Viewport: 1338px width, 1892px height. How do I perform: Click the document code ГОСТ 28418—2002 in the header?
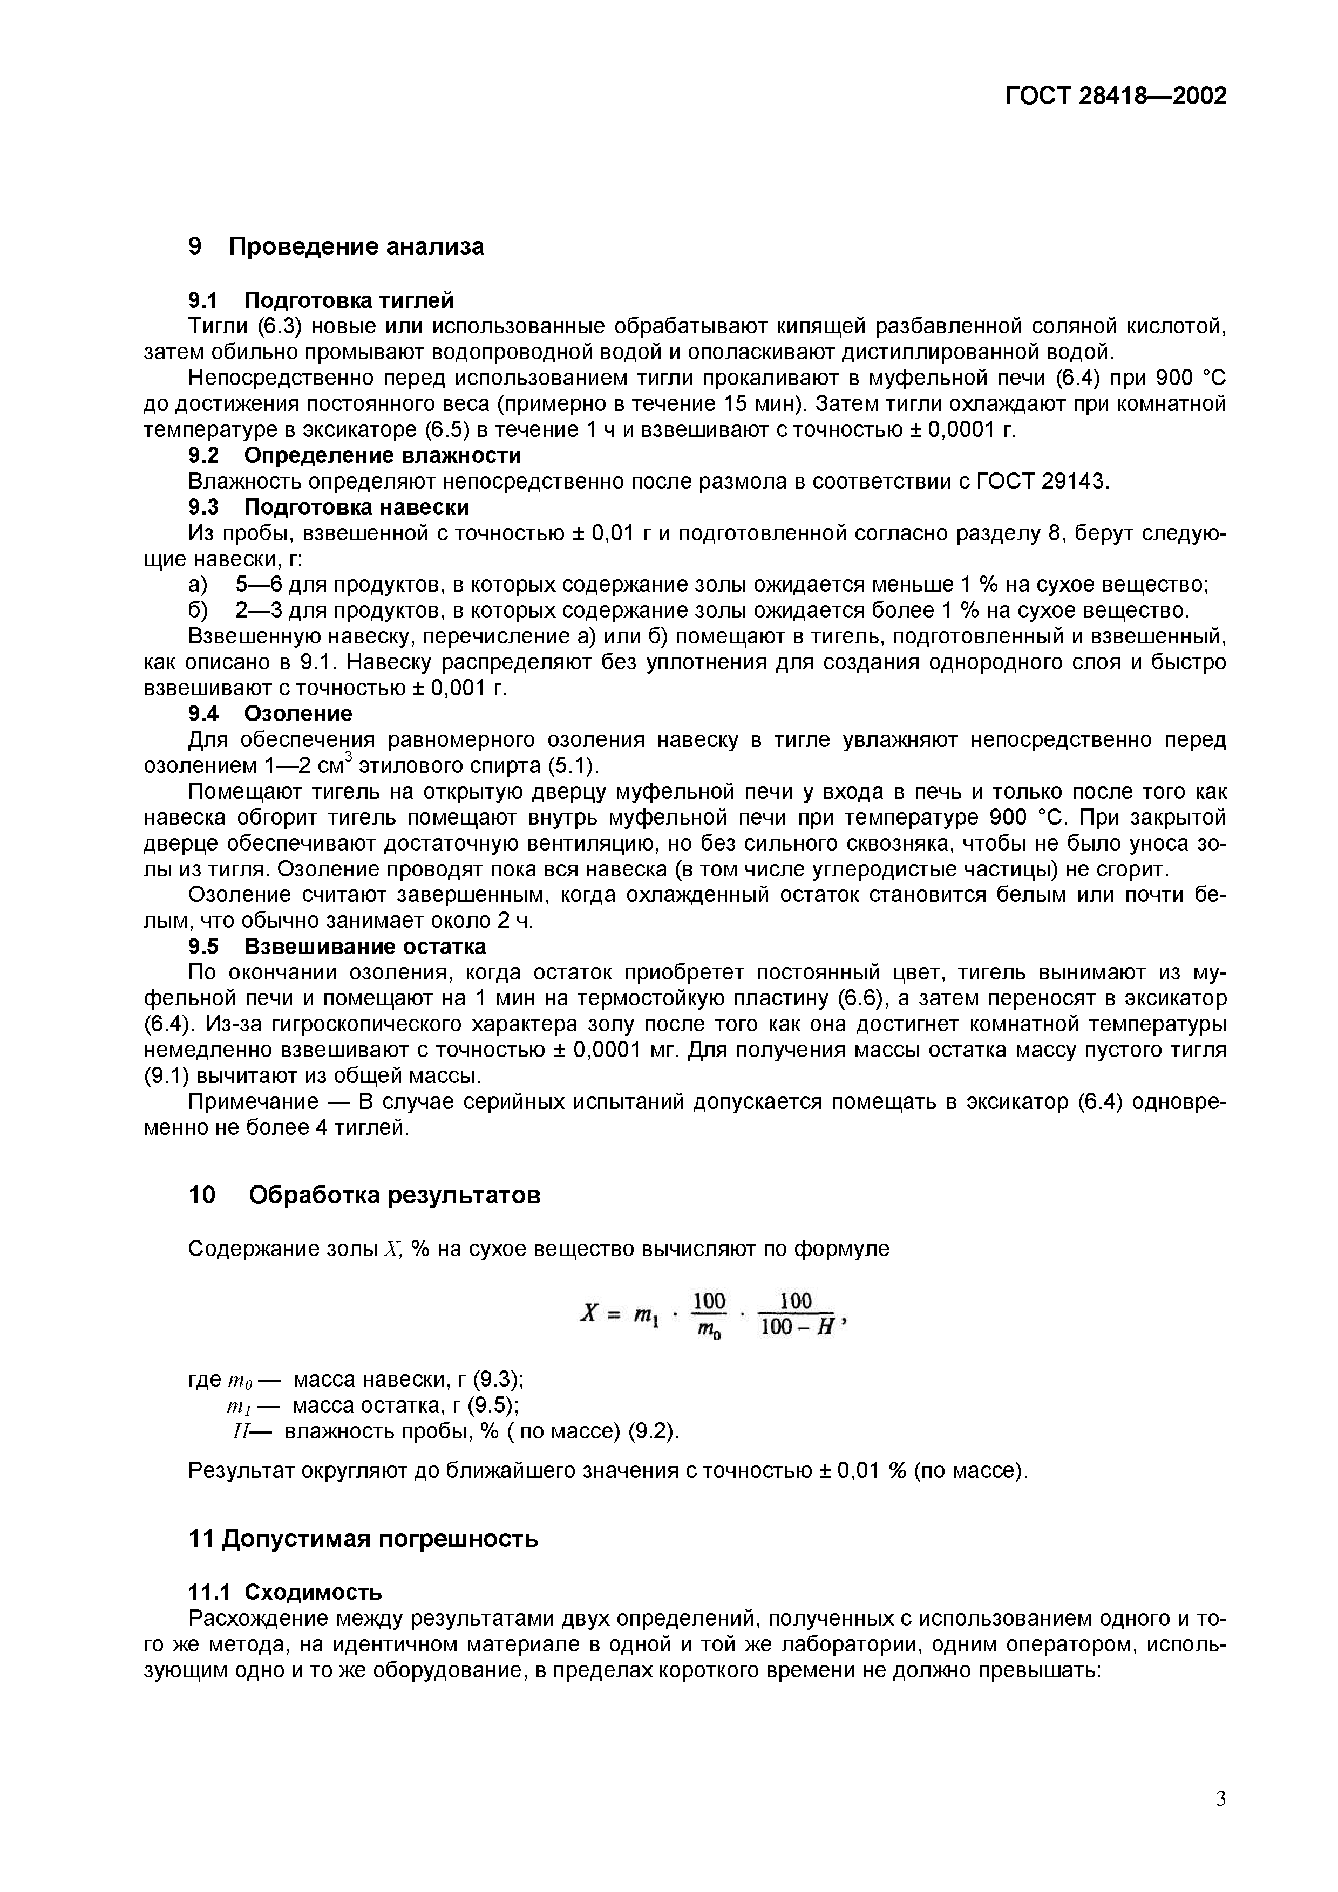pyautogui.click(x=1116, y=97)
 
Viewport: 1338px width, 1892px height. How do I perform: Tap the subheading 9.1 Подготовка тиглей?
pyautogui.click(x=321, y=300)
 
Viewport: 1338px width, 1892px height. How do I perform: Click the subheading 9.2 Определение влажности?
pyautogui.click(x=355, y=456)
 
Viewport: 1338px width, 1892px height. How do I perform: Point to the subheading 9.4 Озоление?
pyautogui.click(x=269, y=714)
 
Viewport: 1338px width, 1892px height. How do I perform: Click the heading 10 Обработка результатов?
pyautogui.click(x=364, y=1196)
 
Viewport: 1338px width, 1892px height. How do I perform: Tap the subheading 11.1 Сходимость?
pyautogui.click(x=285, y=1591)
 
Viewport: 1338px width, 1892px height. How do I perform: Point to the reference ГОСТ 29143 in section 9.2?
pyautogui.click(x=1042, y=481)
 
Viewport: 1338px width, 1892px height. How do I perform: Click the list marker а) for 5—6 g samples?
pyautogui.click(x=199, y=585)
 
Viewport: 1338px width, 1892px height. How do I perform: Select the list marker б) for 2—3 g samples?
pyautogui.click(x=199, y=611)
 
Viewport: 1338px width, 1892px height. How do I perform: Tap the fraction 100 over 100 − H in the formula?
pyautogui.click(x=796, y=1315)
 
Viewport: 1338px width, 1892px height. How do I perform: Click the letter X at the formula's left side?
pyautogui.click(x=588, y=1313)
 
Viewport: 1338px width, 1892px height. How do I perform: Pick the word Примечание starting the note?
pyautogui.click(x=253, y=1102)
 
